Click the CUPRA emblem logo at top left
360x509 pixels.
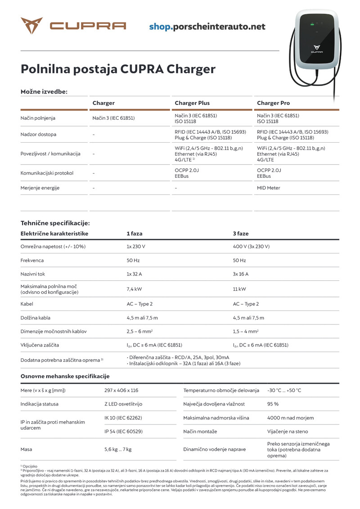(31, 26)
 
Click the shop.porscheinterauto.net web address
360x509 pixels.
(207, 27)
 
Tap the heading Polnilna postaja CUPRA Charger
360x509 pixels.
(118, 69)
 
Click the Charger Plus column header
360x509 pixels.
(192, 103)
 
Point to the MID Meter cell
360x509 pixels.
(268, 188)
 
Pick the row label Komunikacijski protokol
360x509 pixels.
(47, 173)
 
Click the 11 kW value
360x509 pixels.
(239, 289)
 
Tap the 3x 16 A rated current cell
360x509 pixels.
(241, 274)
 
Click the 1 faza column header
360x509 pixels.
(134, 234)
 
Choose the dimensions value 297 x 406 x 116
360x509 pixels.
(121, 390)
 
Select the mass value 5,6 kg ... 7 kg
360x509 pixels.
(118, 449)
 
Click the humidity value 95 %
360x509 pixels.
(273, 404)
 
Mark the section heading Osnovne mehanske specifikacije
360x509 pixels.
(65, 376)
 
